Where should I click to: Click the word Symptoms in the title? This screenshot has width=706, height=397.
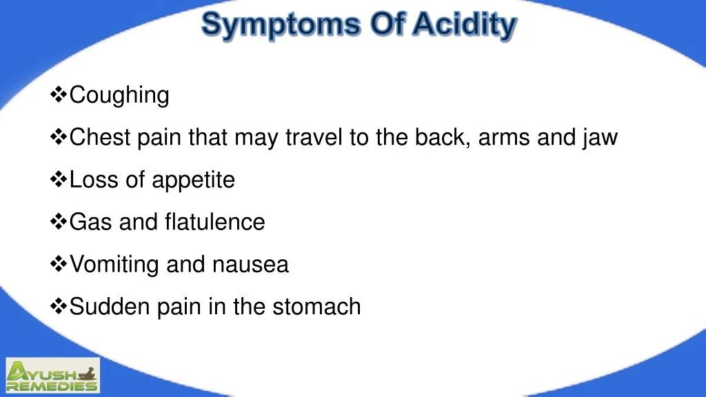281,26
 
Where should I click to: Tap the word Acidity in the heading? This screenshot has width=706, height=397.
464,26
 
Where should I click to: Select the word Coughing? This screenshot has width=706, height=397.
119,95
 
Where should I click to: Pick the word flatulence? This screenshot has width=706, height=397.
214,222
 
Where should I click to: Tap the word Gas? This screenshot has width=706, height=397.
91,222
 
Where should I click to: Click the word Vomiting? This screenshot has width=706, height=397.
114,265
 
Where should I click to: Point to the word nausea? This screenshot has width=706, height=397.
250,265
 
